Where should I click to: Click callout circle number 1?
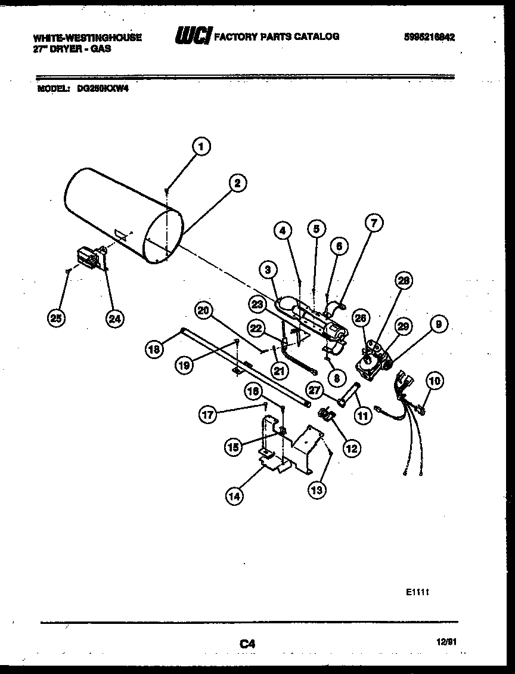tap(202, 146)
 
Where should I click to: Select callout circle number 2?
tap(237, 184)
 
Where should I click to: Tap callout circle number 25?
tap(57, 319)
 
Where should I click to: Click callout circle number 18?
tap(154, 350)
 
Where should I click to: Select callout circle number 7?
tap(373, 224)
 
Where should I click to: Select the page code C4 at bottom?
tap(247, 643)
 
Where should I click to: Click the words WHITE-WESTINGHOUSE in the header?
tap(88, 37)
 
